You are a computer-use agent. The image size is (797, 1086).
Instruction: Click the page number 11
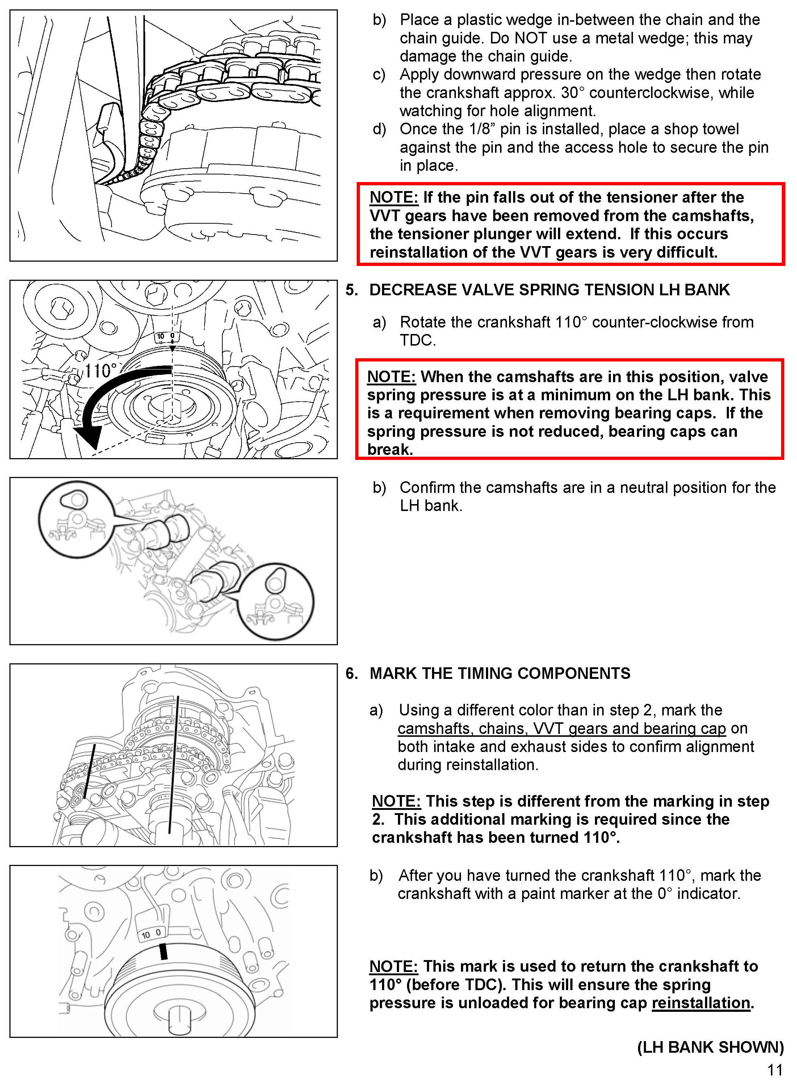775,1070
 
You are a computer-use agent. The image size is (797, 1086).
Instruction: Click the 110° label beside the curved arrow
101,370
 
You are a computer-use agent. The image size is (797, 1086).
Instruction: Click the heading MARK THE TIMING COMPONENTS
500,673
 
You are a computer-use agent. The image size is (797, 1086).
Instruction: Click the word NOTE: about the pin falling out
394,197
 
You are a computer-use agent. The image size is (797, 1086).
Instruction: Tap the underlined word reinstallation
701,1003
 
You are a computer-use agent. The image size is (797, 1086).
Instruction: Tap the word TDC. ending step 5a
418,340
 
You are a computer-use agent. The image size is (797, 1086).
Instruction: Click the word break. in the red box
390,449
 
